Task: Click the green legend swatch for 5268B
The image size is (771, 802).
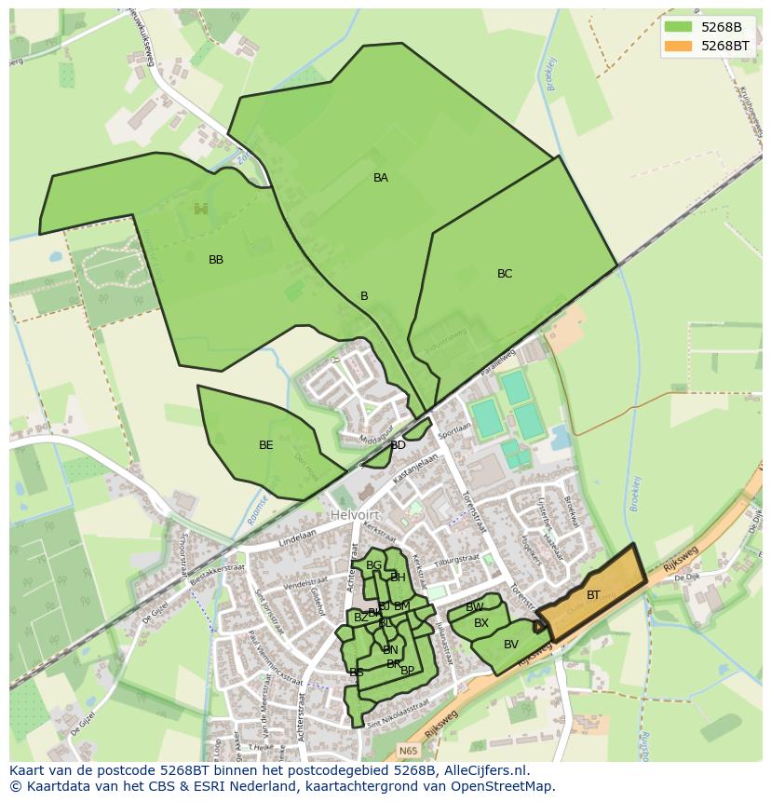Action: [x=679, y=27]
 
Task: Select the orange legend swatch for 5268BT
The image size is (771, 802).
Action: [x=679, y=46]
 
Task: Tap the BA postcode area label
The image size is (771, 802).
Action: [x=381, y=178]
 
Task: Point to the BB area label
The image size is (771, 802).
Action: [x=216, y=260]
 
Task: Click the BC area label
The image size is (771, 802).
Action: [x=505, y=274]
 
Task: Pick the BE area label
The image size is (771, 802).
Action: [x=266, y=445]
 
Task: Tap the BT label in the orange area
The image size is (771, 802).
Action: [x=593, y=595]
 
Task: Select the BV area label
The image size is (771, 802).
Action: [x=511, y=645]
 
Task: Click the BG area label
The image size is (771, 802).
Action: [x=373, y=565]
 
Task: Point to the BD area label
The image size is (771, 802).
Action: [x=399, y=445]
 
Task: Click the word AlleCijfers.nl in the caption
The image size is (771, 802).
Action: [x=486, y=770]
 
